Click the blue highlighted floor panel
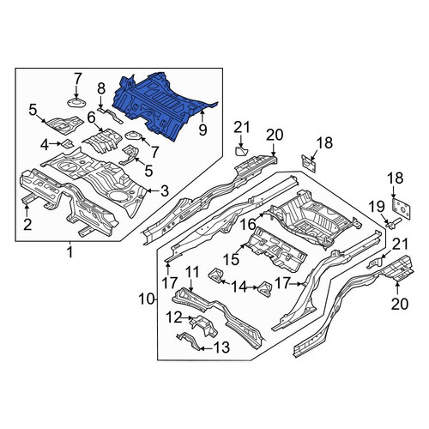[160, 106]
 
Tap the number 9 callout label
[202, 130]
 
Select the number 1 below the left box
[69, 252]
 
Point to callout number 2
[27, 225]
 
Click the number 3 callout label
[165, 191]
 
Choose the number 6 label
[91, 118]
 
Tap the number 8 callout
[101, 89]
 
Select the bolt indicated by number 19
[394, 223]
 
